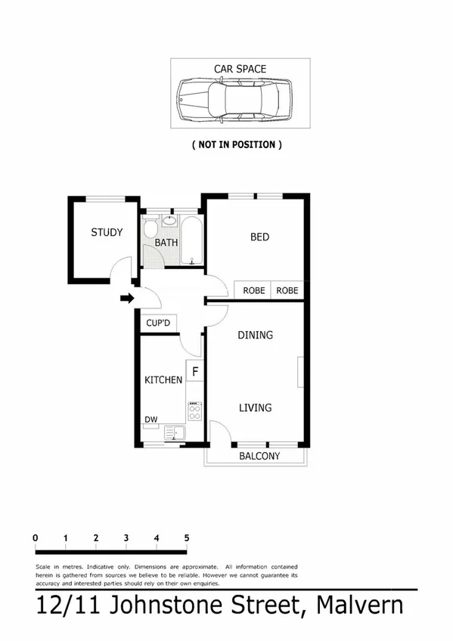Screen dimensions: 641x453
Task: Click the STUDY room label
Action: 107,233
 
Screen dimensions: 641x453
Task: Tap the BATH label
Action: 166,243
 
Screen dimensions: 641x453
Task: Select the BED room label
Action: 259,237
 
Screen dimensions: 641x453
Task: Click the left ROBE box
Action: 253,290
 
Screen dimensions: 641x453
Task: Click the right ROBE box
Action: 287,290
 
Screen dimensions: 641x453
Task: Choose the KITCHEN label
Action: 163,379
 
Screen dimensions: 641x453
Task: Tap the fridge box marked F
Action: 195,372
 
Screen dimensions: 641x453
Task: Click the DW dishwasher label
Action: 150,420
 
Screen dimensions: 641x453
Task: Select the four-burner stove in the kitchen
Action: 195,411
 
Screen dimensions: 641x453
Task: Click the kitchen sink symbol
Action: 175,433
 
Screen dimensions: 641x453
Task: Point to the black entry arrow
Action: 127,298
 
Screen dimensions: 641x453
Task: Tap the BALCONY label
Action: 259,457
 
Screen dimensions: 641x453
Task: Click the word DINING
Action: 256,335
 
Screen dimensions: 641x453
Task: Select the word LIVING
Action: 256,408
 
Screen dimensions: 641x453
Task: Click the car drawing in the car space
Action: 234,100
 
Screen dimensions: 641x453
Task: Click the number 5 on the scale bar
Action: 186,538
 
